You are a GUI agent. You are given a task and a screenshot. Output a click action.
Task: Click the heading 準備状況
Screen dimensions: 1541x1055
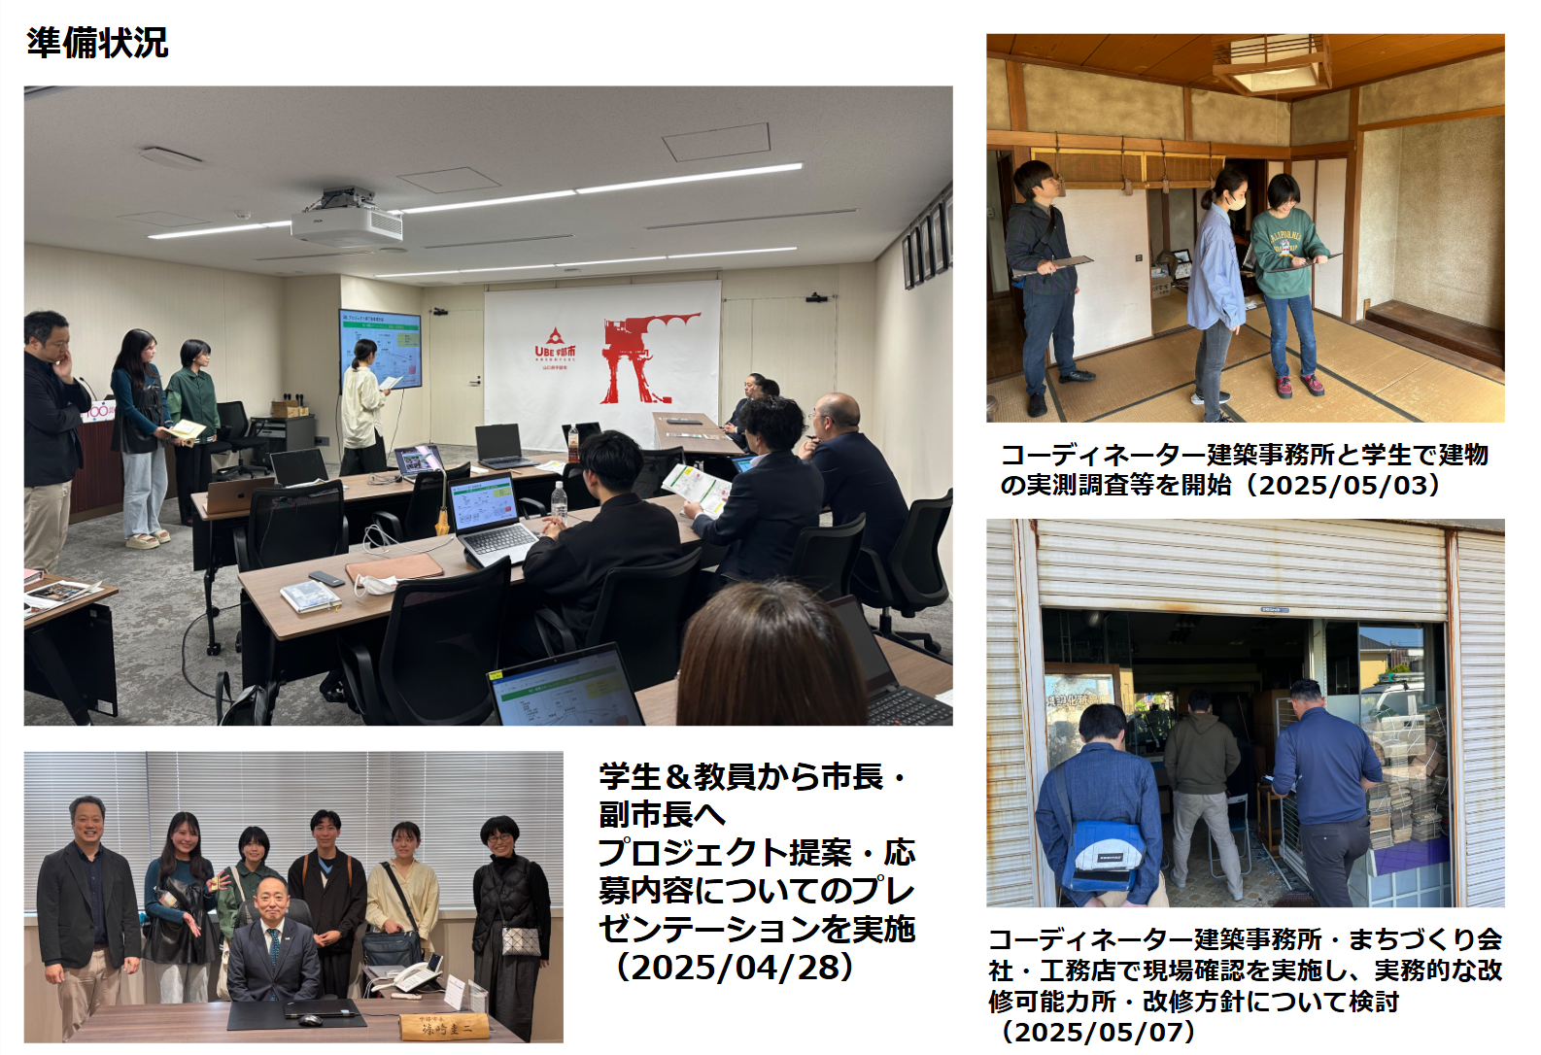(x=97, y=43)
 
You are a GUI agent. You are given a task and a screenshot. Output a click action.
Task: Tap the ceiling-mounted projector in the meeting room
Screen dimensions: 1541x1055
(x=346, y=221)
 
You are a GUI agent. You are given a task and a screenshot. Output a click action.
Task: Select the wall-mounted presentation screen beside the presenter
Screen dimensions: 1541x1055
(x=381, y=350)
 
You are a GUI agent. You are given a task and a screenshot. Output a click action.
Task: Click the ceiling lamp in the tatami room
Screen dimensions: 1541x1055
(x=1271, y=66)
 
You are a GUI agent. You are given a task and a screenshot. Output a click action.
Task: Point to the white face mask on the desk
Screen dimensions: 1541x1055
(x=374, y=585)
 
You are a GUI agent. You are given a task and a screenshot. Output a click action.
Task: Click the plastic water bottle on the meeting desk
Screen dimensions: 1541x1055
(x=560, y=501)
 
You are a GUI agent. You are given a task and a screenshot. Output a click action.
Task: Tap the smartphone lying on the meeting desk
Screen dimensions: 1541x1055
(x=326, y=578)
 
